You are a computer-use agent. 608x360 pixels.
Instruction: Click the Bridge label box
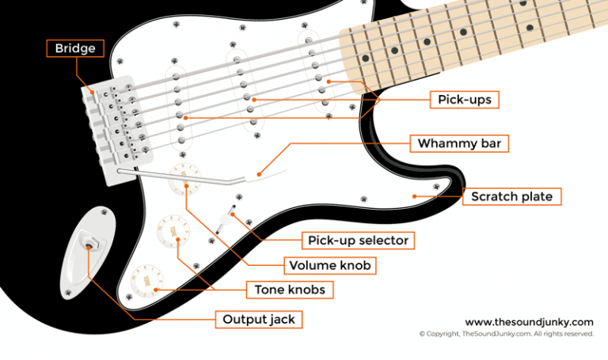point(75,49)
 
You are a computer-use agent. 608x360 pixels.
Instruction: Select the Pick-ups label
point(465,100)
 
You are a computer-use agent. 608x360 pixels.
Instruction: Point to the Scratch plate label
point(511,195)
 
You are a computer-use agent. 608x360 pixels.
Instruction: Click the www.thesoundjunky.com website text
point(528,322)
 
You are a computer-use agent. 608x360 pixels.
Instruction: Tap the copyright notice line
point(506,334)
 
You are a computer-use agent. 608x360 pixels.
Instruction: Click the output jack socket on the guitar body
point(89,245)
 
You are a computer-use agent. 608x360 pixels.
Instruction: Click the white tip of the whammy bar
point(259,170)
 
